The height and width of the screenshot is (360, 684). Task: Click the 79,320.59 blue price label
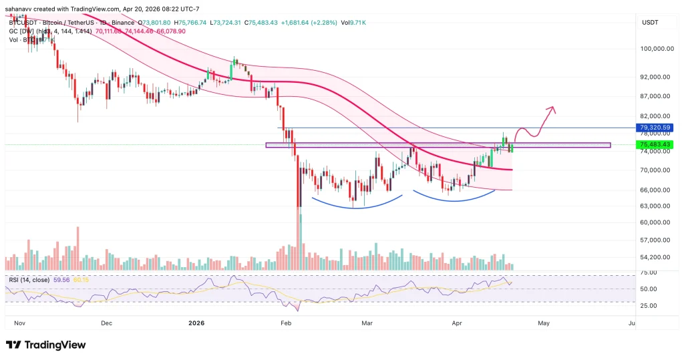(x=654, y=128)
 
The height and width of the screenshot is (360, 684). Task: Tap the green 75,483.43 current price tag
(x=654, y=144)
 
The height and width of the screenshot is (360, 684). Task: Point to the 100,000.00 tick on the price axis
(x=655, y=49)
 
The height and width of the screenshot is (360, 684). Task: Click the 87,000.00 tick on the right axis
(x=654, y=97)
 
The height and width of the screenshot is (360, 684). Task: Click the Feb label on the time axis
(x=285, y=323)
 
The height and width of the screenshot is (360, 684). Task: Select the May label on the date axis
(x=543, y=323)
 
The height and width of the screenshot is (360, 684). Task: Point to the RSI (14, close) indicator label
(x=30, y=281)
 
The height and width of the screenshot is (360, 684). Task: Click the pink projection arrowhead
(x=552, y=108)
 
